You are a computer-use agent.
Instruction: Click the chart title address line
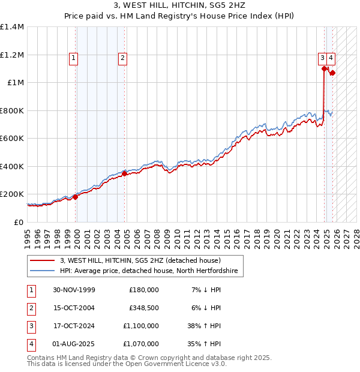[x=179, y=5]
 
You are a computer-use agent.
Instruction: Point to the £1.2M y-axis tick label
[x=12, y=55]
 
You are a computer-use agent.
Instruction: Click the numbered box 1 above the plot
[x=73, y=58]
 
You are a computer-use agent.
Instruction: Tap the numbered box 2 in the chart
[x=122, y=58]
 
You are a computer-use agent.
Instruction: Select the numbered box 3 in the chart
[x=322, y=58]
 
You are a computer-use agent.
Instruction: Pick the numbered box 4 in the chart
[x=331, y=58]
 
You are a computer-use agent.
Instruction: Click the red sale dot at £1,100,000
[x=325, y=69]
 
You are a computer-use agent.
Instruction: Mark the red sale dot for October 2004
[x=124, y=174]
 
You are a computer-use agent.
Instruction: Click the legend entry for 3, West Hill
[x=140, y=260]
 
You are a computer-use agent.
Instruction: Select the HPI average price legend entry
[x=148, y=271]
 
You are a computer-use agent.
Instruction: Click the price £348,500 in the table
[x=144, y=308]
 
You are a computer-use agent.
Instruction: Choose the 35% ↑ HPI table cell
[x=205, y=344]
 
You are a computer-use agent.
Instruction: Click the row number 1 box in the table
[x=31, y=290]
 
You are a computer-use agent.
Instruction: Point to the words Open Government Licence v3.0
[x=179, y=364]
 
